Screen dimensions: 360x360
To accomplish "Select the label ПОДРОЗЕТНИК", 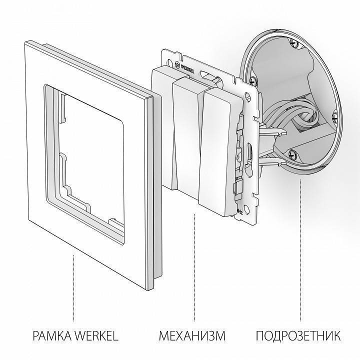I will [299, 335].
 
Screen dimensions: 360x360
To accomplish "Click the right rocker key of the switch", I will [219, 150].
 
